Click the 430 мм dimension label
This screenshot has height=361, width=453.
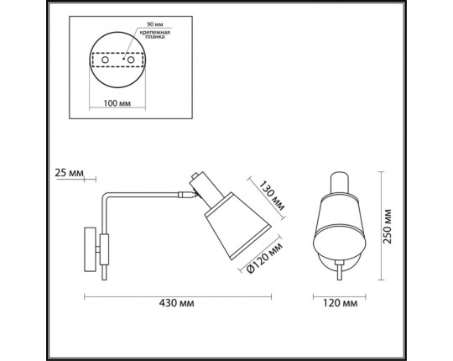(x=176, y=303)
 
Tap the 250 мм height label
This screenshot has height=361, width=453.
(x=387, y=227)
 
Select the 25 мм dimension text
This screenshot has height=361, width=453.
(x=70, y=173)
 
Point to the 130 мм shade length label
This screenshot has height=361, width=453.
(x=271, y=196)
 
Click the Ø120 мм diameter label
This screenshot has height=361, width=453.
(x=265, y=258)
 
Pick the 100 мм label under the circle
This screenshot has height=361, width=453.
(x=117, y=103)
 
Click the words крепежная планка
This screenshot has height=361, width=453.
(x=155, y=34)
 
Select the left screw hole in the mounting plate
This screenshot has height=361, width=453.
(x=105, y=60)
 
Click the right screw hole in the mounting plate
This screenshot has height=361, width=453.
(x=131, y=60)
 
